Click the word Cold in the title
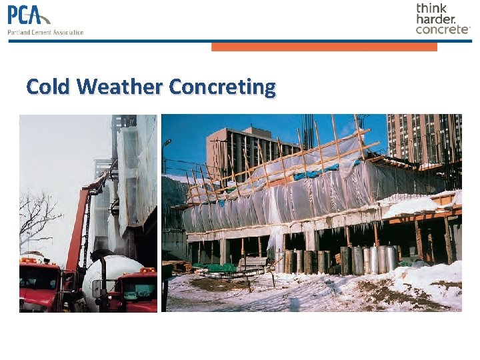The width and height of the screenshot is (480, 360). [49, 87]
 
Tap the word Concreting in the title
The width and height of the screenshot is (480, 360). [222, 87]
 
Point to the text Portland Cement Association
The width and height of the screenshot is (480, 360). [45, 32]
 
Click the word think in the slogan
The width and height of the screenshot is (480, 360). [432, 8]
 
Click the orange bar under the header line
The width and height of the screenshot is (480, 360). [324, 47]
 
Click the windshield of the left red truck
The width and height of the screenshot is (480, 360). [33, 275]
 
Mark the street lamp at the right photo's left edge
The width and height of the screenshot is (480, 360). [167, 150]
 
